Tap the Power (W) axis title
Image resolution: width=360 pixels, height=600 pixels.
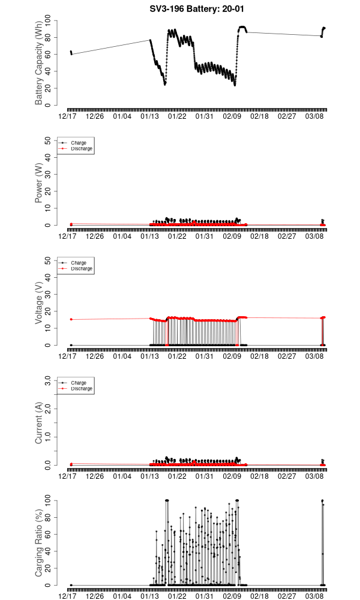tap(39, 184)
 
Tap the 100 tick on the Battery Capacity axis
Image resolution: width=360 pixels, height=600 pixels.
tap(47, 21)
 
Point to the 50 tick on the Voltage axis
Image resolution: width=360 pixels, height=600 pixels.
tap(48, 260)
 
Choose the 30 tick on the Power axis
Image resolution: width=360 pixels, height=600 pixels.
tap(48, 175)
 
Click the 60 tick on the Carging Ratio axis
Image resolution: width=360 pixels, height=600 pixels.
tap(48, 534)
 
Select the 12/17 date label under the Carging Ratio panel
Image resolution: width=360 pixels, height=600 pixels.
tap(67, 596)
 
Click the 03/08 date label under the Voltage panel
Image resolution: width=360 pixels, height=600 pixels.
tap(314, 356)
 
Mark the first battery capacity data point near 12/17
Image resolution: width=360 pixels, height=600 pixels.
tap(71, 52)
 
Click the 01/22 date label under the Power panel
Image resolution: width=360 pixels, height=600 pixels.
tap(177, 236)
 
